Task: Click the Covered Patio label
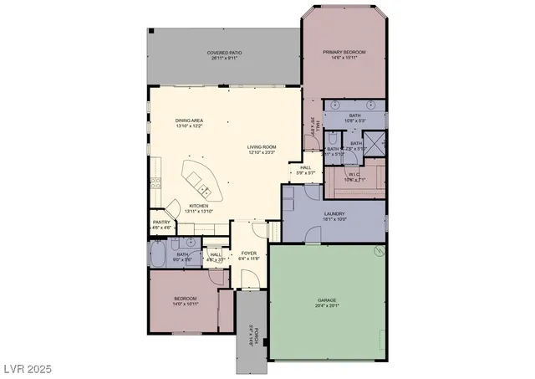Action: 223,53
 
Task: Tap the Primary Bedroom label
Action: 344,52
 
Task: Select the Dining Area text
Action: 189,120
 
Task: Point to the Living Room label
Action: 262,147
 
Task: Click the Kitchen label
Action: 198,206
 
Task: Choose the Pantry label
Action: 161,222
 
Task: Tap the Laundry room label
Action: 334,213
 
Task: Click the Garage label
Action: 326,299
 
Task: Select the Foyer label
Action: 249,253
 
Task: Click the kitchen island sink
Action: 196,178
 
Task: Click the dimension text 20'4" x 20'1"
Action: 326,305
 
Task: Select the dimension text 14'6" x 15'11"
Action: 344,58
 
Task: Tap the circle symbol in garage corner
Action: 380,251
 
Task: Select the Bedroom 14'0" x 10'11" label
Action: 185,301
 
